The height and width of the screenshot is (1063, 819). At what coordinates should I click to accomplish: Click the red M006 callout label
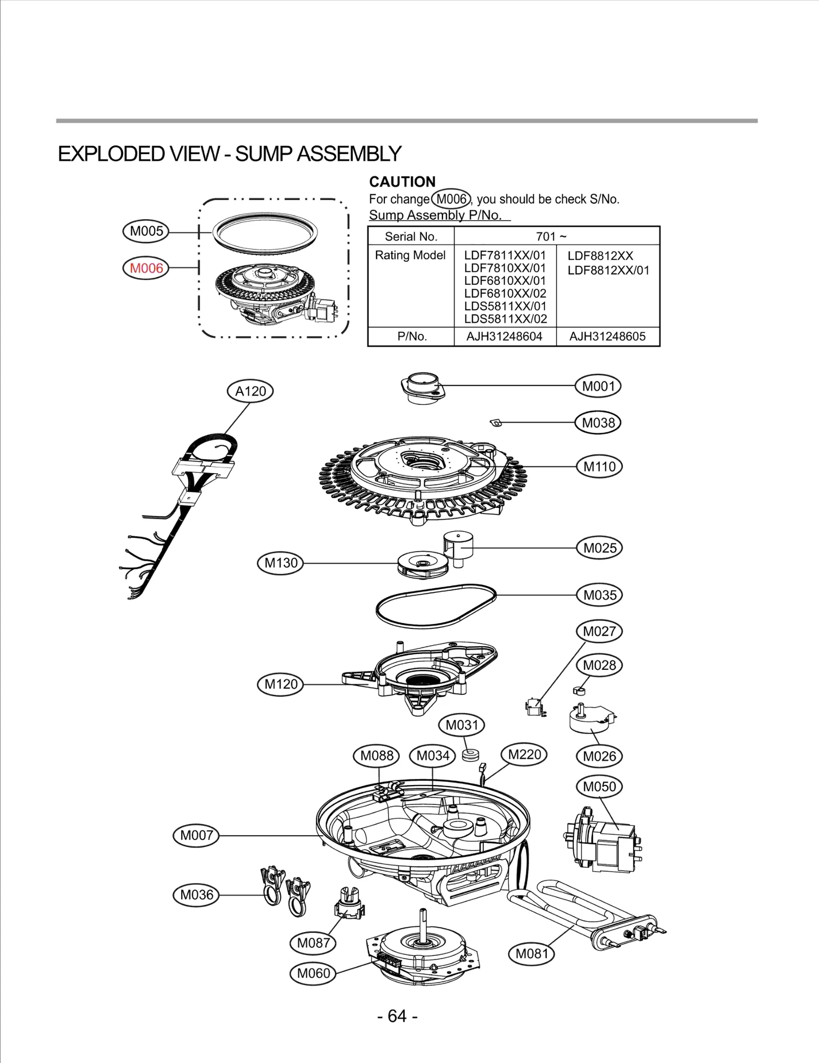[x=146, y=268]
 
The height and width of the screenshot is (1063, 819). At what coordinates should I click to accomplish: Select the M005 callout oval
[x=146, y=231]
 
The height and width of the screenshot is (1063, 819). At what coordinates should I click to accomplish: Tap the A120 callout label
[x=250, y=391]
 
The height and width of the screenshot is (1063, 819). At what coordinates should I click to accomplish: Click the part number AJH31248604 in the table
[x=504, y=336]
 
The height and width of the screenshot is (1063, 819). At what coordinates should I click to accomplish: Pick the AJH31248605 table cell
[x=608, y=336]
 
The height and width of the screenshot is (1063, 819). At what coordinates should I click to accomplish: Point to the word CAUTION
[x=402, y=182]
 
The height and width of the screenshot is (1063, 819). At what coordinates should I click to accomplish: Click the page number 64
[x=397, y=1016]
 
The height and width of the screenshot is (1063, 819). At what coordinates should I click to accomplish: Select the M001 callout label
[x=598, y=386]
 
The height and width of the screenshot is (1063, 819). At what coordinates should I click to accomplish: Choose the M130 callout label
[x=281, y=563]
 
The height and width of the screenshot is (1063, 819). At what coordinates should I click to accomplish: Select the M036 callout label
[x=197, y=895]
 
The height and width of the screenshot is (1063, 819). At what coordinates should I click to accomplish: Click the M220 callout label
[x=525, y=754]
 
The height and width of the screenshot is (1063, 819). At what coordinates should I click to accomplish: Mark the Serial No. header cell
[x=411, y=236]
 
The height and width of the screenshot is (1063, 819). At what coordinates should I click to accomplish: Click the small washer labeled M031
[x=470, y=754]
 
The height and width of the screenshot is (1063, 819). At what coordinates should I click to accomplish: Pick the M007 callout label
[x=197, y=835]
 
